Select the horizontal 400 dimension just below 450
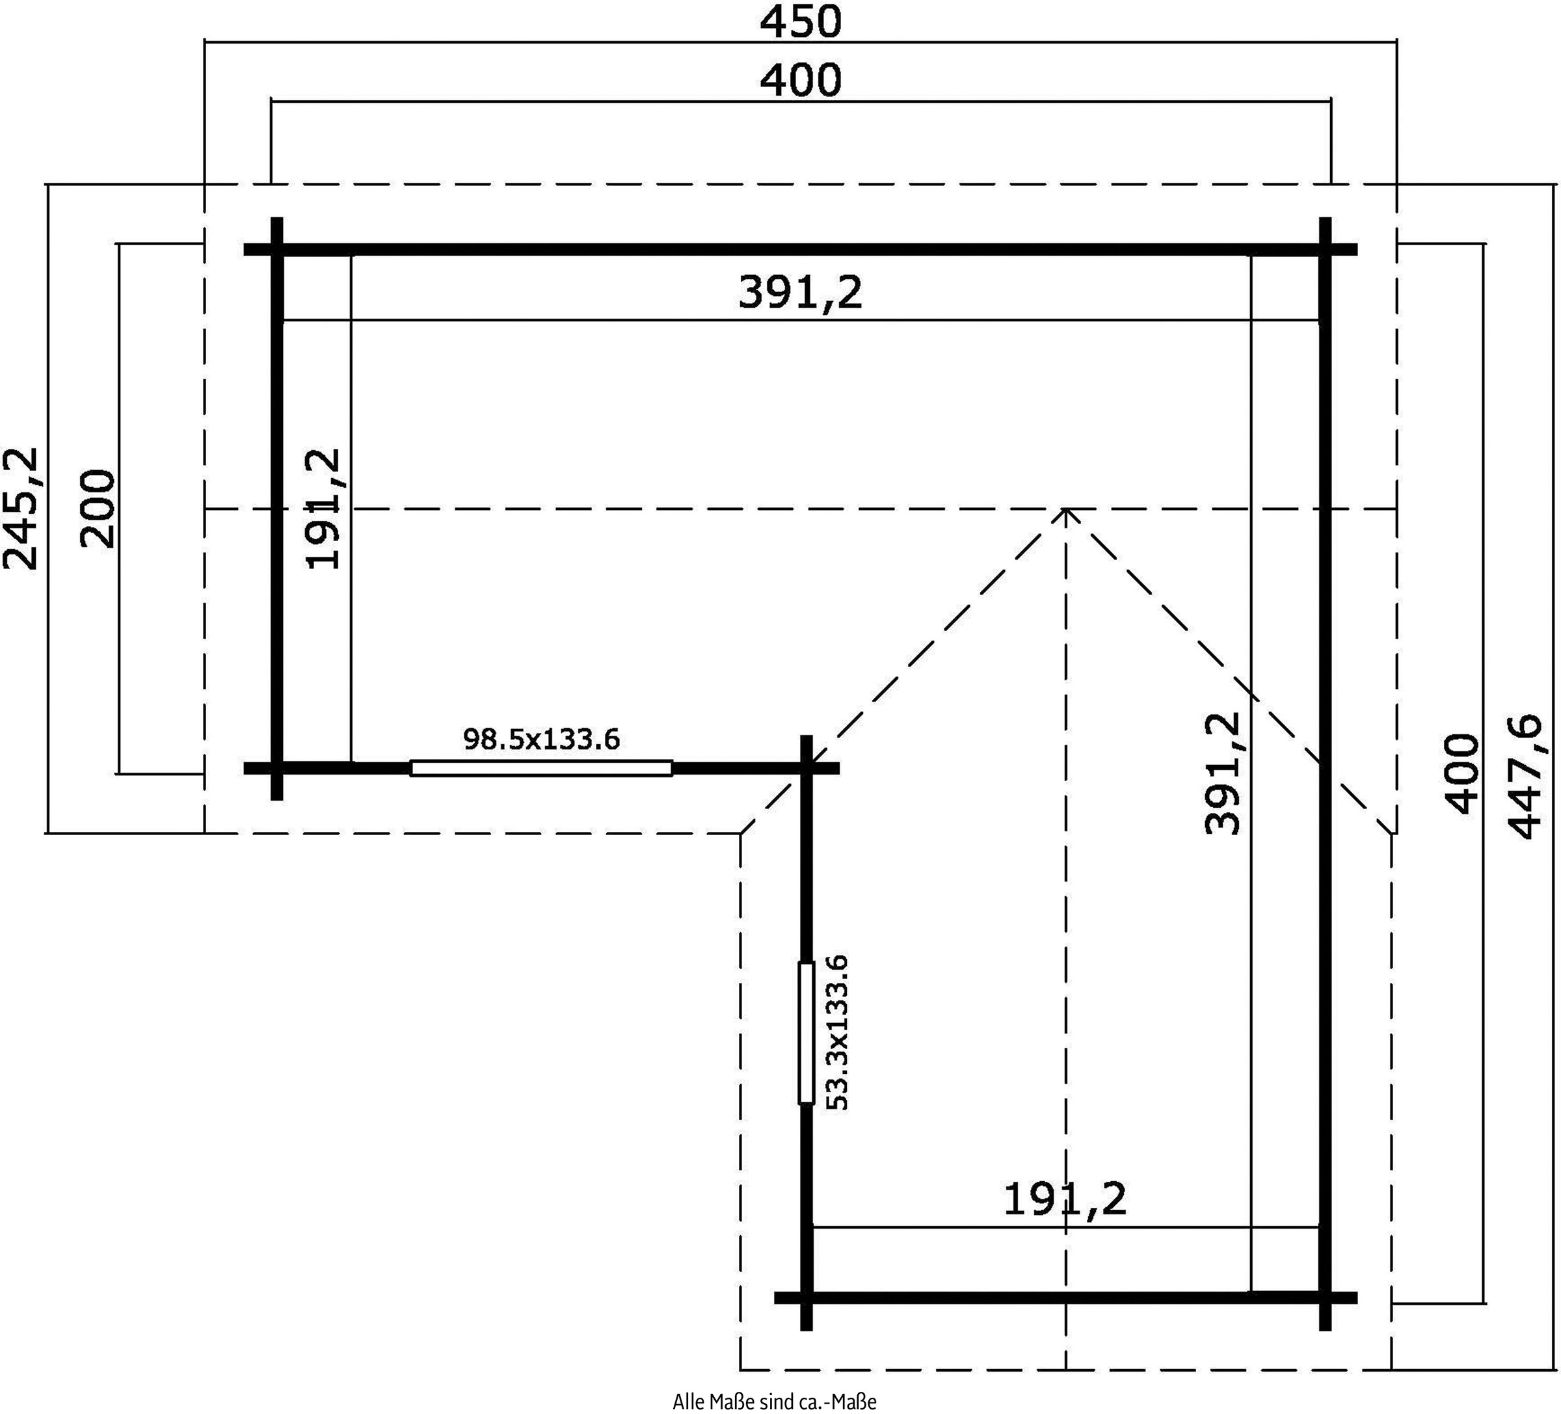(x=801, y=81)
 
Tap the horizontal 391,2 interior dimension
(x=801, y=293)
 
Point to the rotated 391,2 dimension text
(x=1223, y=773)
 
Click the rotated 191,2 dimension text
(x=323, y=509)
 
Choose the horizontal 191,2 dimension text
(x=1065, y=1199)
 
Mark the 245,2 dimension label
(x=21, y=509)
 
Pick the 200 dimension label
(x=98, y=508)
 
